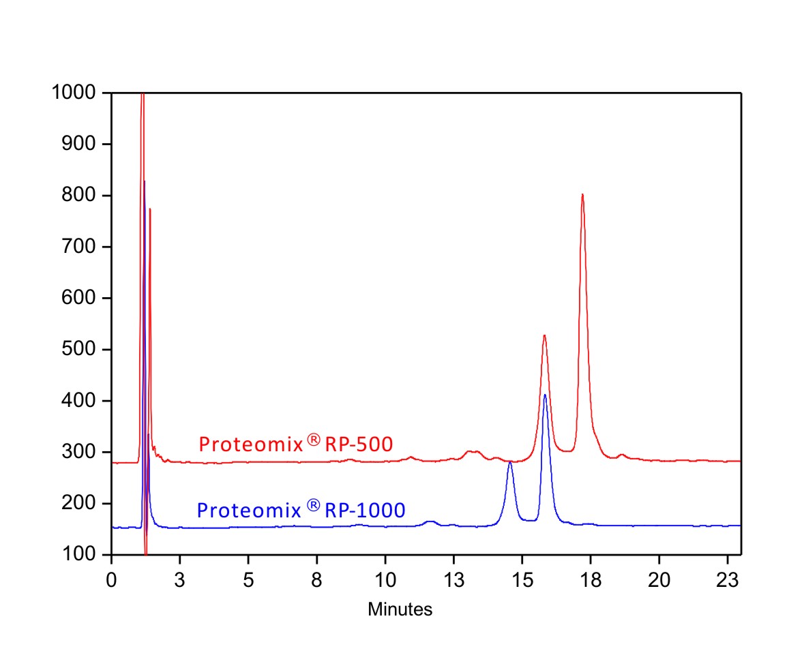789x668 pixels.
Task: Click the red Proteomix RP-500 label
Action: pyautogui.click(x=295, y=444)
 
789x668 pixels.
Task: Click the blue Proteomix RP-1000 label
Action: pyautogui.click(x=301, y=509)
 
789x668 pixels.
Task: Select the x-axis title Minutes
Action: pyautogui.click(x=400, y=609)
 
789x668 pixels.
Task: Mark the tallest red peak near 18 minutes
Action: pyautogui.click(x=582, y=195)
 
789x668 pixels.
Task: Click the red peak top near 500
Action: pyautogui.click(x=544, y=335)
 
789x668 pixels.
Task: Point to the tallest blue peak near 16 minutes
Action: pyautogui.click(x=545, y=395)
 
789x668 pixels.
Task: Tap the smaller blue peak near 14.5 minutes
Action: pyautogui.click(x=510, y=462)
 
